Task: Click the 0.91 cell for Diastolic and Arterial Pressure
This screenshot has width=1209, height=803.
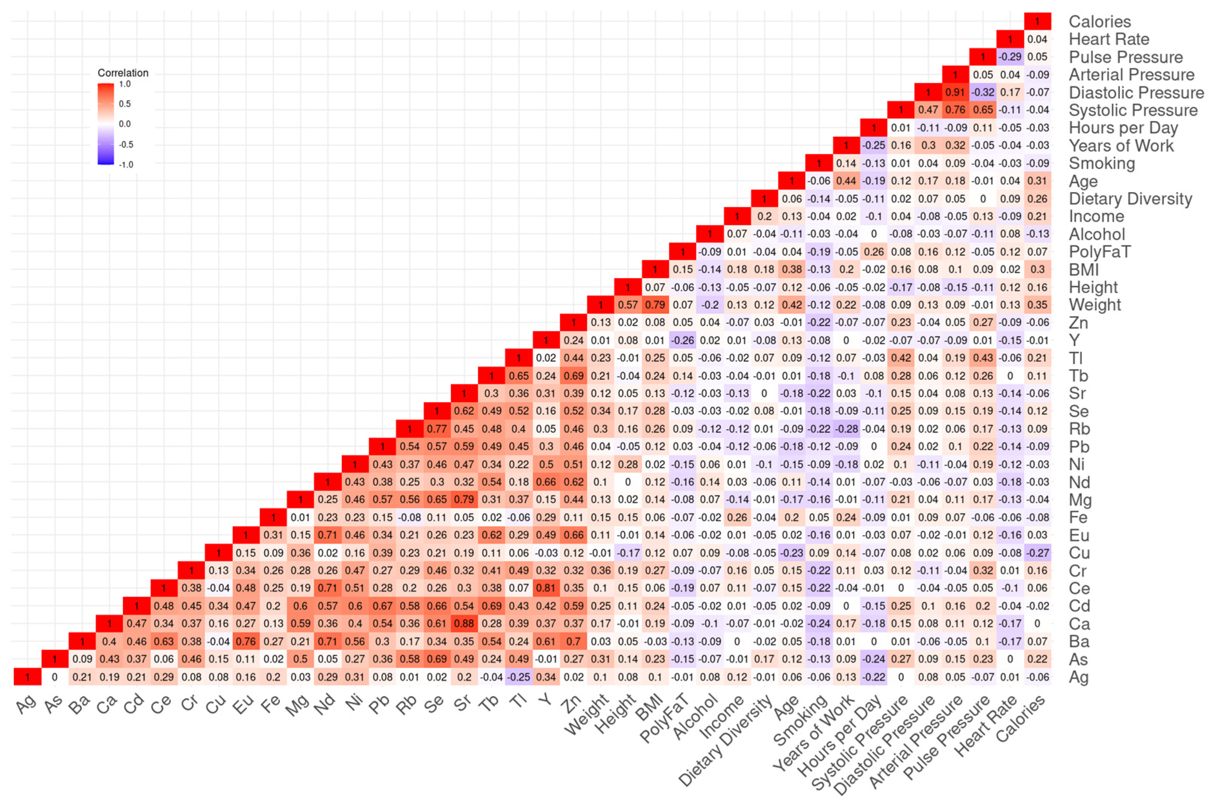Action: tap(955, 92)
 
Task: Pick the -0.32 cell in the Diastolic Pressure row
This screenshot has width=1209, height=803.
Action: tap(983, 92)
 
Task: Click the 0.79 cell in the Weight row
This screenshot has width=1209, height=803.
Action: tap(655, 305)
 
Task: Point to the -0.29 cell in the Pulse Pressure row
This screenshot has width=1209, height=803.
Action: tap(1010, 57)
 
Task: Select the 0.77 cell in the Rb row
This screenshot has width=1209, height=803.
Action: tap(437, 429)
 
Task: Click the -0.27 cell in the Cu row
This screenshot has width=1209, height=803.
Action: tap(1038, 553)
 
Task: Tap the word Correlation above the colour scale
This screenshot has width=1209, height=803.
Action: tap(123, 73)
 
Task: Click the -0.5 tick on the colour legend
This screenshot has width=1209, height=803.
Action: tap(126, 144)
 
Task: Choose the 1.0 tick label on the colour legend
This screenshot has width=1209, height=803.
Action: tap(125, 84)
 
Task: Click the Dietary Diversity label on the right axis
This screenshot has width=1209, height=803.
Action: tap(1130, 199)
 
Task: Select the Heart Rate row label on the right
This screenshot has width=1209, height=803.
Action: tap(1108, 39)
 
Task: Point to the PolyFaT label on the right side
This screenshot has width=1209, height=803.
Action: tap(1100, 252)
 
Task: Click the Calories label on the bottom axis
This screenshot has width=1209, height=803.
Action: tap(1021, 720)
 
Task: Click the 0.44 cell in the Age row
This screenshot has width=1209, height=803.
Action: tap(846, 181)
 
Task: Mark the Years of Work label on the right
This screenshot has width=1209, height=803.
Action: tap(1121, 145)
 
